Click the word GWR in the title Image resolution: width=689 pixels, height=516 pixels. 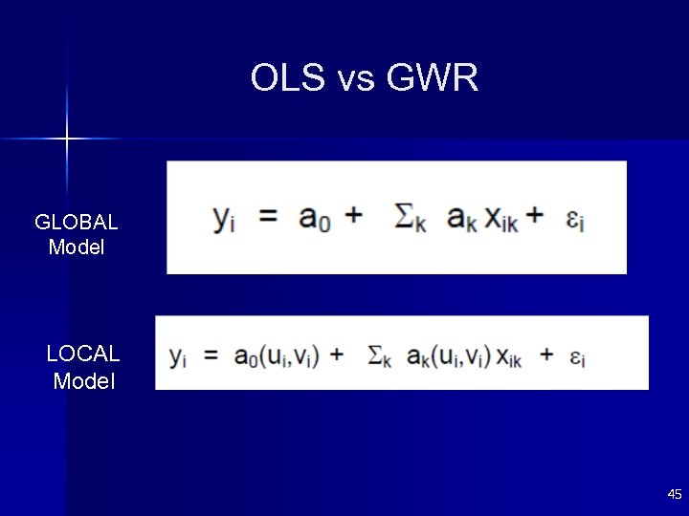pos(433,78)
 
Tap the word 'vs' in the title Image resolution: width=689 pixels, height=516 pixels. pos(356,80)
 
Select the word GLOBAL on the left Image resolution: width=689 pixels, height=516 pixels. pos(77,223)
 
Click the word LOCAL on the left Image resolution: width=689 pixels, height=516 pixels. pos(83,354)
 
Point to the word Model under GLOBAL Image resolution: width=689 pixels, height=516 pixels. pos(77,247)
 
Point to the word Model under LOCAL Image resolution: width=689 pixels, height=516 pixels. pos(84,381)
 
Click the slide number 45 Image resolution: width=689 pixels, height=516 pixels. pos(675,494)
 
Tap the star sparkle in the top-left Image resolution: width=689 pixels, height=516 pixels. pos(67,140)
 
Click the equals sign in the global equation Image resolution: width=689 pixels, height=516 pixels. pos(269,217)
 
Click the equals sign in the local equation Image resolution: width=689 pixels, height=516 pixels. pos(211,355)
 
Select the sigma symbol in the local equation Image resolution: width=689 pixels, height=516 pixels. pos(376,355)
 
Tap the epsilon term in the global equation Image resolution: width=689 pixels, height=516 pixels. pos(573,221)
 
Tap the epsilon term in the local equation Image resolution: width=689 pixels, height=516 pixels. pos(576,358)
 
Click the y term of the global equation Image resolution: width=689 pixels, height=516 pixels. pos(224,220)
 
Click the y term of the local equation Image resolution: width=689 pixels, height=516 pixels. pos(178,357)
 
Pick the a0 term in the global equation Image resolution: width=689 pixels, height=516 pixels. pos(315,219)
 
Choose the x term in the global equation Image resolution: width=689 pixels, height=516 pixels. pos(501,220)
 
